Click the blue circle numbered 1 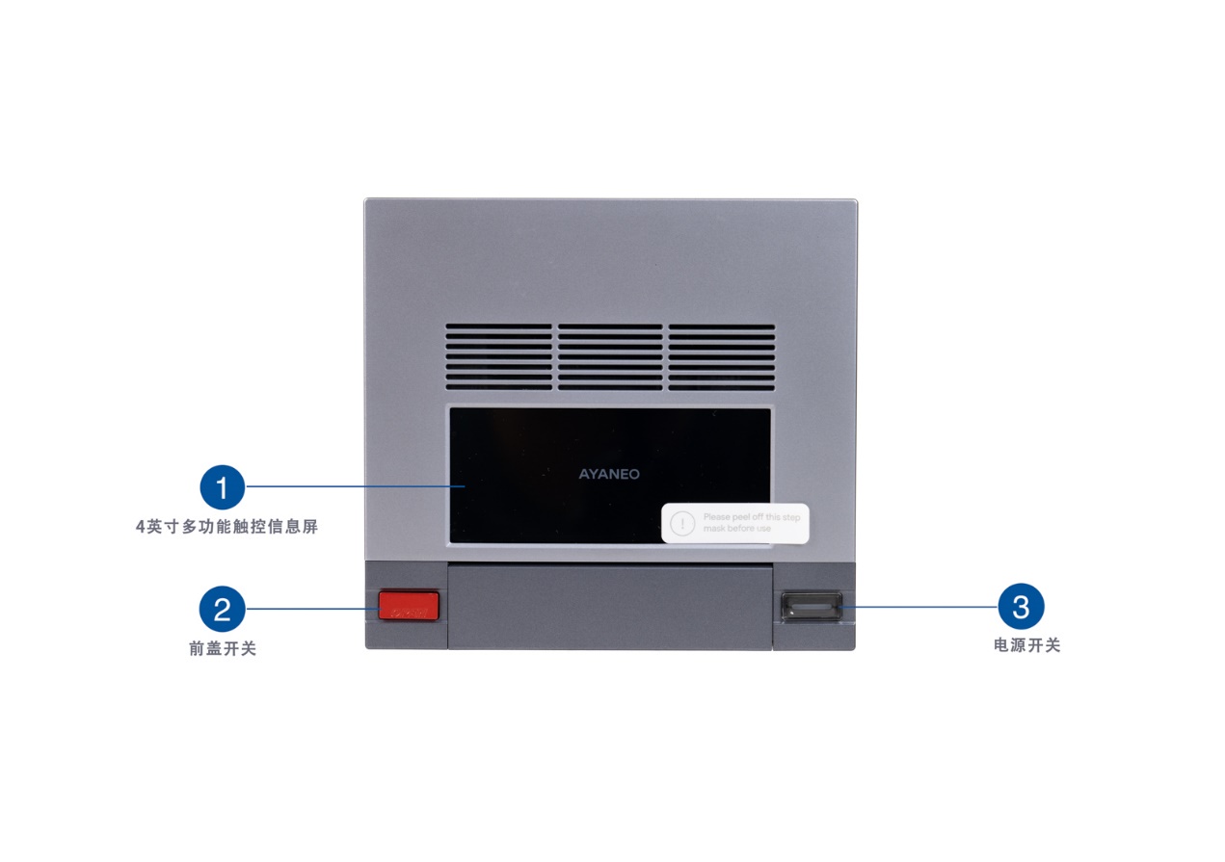tap(223, 487)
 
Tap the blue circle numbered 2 tap(223, 609)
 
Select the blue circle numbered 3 tap(1021, 607)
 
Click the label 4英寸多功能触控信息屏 tap(226, 528)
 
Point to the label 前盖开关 tap(223, 649)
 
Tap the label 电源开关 tap(1027, 646)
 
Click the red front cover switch tap(408, 606)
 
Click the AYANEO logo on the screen tap(609, 474)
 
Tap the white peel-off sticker tap(734, 523)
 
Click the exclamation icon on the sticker tap(682, 523)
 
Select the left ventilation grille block tap(498, 356)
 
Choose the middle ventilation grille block tap(610, 356)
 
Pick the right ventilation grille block tap(722, 356)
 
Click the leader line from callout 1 tap(357, 487)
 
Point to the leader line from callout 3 tap(920, 607)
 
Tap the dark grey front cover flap tap(610, 607)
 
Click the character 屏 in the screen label tap(310, 528)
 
